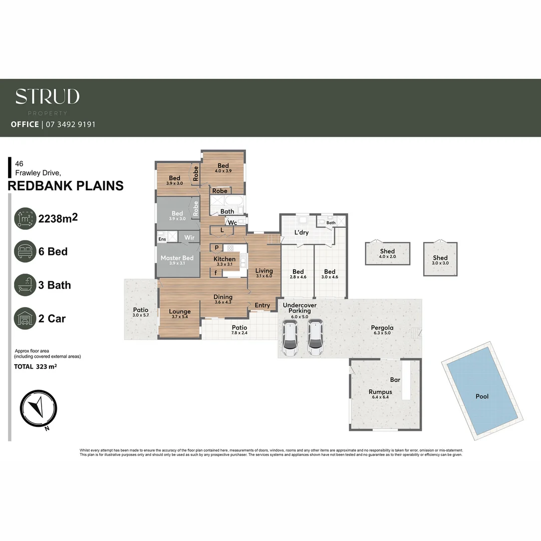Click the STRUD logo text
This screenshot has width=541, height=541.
[47, 97]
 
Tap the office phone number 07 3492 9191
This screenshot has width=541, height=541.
[70, 124]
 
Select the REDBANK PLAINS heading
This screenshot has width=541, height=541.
[66, 186]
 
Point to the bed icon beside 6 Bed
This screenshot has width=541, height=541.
[25, 251]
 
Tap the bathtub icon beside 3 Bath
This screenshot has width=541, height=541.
[25, 285]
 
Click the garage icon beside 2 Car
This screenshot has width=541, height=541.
[25, 319]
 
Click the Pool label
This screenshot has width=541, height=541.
[482, 396]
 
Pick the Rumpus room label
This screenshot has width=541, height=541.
[380, 392]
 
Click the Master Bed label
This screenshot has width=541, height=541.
[177, 258]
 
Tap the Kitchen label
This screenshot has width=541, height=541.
[224, 259]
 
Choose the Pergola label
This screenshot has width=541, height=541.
[382, 328]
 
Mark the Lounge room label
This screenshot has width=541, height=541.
[179, 312]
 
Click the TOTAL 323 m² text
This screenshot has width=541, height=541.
[35, 367]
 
